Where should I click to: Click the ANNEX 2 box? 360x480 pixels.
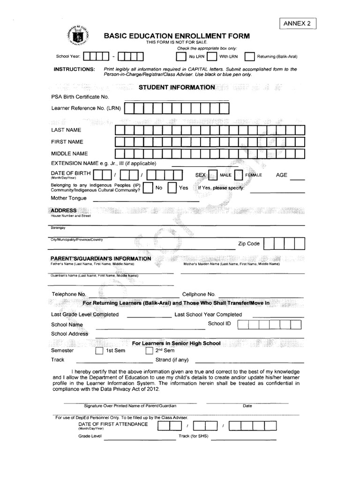pyautogui.click(x=298, y=23)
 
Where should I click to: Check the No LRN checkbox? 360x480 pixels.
pyautogui.click(x=181, y=57)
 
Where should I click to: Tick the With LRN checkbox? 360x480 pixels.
pyautogui.click(x=212, y=57)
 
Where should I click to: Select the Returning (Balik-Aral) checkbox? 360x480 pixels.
pyautogui.click(x=249, y=57)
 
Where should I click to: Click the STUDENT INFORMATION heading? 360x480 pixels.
pyautogui.click(x=177, y=87)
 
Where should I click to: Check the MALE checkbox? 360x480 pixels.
pyautogui.click(x=213, y=175)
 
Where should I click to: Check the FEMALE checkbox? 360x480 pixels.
pyautogui.click(x=238, y=175)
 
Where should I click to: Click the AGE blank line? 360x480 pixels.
pyautogui.click(x=298, y=179)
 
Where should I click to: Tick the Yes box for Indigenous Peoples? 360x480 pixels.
pyautogui.click(x=172, y=187)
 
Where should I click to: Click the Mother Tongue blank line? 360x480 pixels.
pyautogui.click(x=146, y=201)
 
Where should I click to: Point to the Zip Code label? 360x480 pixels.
pyautogui.click(x=248, y=244)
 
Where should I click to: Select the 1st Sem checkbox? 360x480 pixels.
pyautogui.click(x=99, y=351)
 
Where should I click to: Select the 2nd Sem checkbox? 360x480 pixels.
pyautogui.click(x=150, y=351)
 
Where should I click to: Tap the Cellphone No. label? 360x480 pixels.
pyautogui.click(x=198, y=294)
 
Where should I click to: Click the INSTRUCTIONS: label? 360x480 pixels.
pyautogui.click(x=74, y=69)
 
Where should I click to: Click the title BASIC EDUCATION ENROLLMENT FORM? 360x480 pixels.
pyautogui.click(x=177, y=36)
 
